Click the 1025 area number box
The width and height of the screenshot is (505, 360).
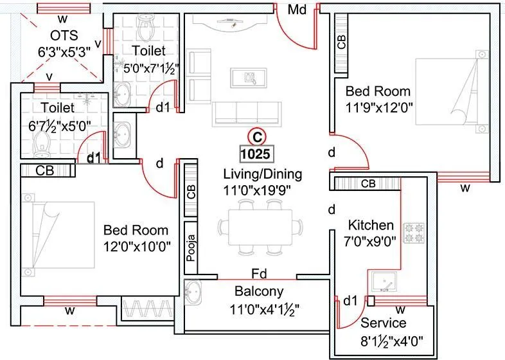[256, 154]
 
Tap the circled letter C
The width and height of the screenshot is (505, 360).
[256, 136]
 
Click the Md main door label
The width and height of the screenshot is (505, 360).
[296, 10]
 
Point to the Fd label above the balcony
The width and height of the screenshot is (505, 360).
[258, 273]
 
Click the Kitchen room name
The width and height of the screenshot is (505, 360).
[371, 225]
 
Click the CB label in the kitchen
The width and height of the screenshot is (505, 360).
[368, 184]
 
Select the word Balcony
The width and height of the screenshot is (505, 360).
[259, 291]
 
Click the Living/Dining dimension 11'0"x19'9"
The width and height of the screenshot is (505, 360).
[261, 190]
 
